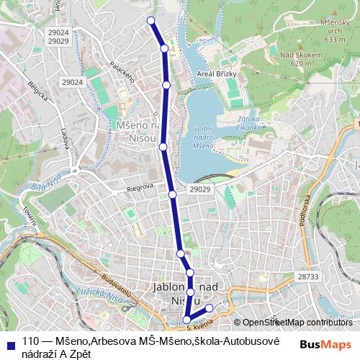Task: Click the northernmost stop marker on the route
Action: click(150, 20)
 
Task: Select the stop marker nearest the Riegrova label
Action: click(173, 194)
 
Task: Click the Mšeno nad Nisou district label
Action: click(137, 131)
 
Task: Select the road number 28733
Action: click(307, 276)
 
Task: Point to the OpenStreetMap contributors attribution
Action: click(292, 322)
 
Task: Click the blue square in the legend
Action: click(10, 341)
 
